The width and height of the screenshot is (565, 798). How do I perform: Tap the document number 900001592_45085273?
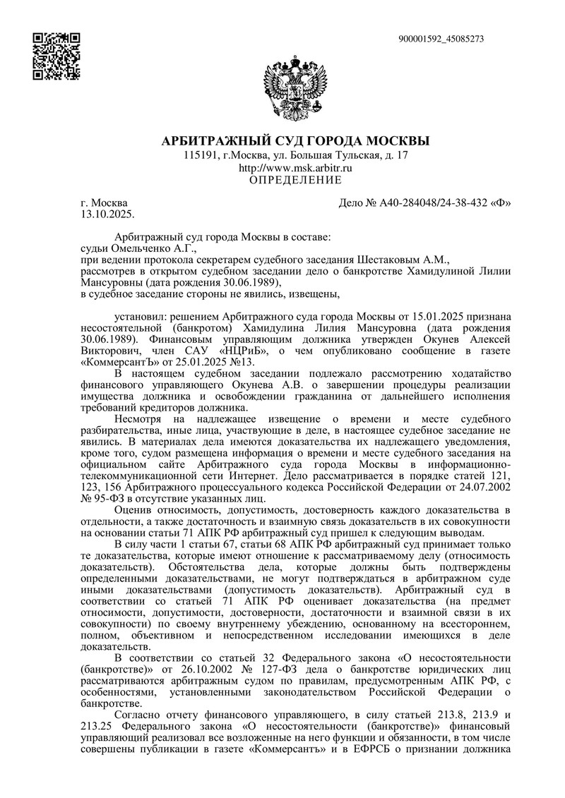tap(441, 39)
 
